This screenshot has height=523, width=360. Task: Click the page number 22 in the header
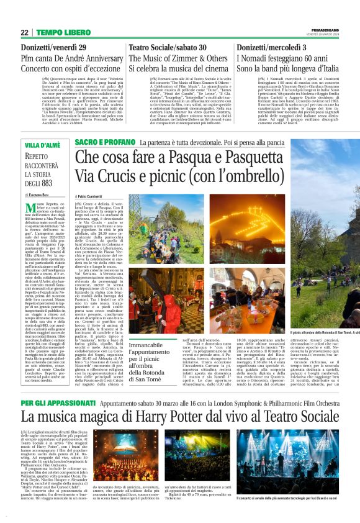tap(25, 32)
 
